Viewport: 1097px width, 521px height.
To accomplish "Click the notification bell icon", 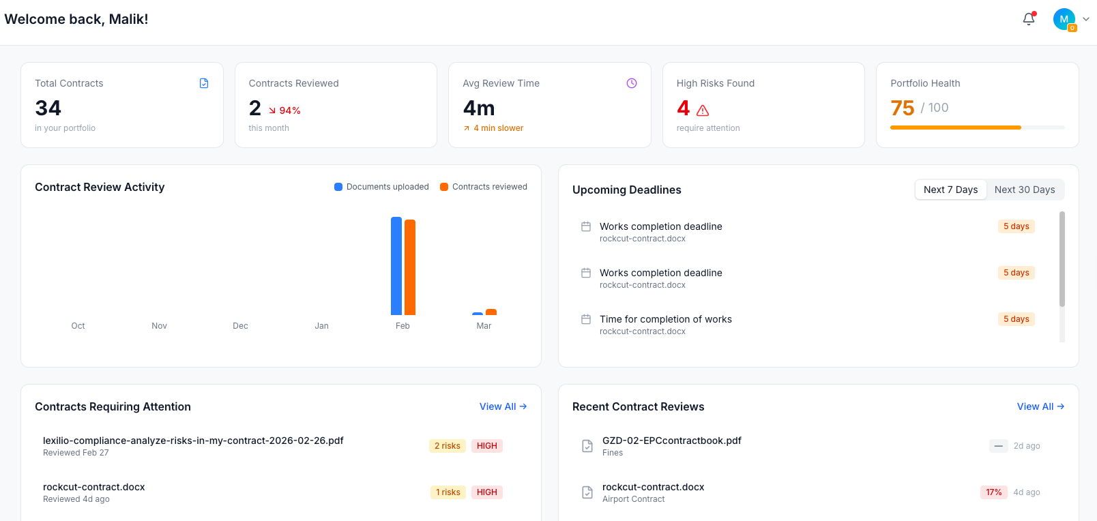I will pos(1029,19).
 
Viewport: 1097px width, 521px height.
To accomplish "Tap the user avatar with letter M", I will pos(1064,19).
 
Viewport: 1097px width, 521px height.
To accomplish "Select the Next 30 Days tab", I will pos(1024,190).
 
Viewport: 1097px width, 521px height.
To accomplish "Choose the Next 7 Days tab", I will pos(950,190).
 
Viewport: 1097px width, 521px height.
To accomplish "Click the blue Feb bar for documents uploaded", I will pos(396,266).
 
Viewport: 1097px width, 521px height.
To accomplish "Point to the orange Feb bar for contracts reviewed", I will pos(410,267).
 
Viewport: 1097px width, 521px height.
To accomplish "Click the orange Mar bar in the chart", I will pos(491,312).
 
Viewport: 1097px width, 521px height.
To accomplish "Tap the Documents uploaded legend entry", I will pos(381,187).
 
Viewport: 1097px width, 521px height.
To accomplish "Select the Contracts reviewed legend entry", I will pos(484,187).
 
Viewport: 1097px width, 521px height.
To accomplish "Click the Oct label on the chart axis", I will pos(78,326).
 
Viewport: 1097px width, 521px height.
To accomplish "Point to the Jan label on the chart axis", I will pos(321,326).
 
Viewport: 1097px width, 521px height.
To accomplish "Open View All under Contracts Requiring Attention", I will pos(503,406).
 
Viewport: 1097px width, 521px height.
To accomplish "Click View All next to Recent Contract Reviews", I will pos(1040,406).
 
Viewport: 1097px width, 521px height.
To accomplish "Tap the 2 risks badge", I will pos(448,446).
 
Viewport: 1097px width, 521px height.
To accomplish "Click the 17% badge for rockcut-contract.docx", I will pos(993,492).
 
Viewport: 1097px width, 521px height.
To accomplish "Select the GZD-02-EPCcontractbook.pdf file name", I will pos(671,441).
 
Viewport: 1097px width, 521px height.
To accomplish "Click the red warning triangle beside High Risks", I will pos(703,110).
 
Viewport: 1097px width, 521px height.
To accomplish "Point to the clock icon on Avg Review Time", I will pos(632,83).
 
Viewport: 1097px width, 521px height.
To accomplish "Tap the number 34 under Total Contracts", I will pos(48,108).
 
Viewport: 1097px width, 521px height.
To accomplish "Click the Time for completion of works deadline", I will pos(665,319).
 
